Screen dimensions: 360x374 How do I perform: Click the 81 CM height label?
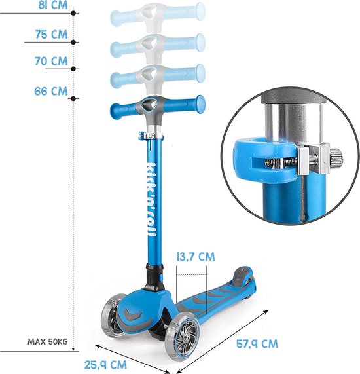53,5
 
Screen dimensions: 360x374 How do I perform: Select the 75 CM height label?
51,35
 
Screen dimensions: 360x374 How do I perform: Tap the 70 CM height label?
51,61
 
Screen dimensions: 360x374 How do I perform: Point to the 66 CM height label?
51,91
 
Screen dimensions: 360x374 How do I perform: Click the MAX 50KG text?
48,341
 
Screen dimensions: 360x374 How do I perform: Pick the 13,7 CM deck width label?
196,257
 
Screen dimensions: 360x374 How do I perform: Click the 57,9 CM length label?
257,344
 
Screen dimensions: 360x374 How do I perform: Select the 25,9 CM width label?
105,365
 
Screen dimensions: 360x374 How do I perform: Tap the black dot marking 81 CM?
73,13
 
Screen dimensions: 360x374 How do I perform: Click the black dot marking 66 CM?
73,98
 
